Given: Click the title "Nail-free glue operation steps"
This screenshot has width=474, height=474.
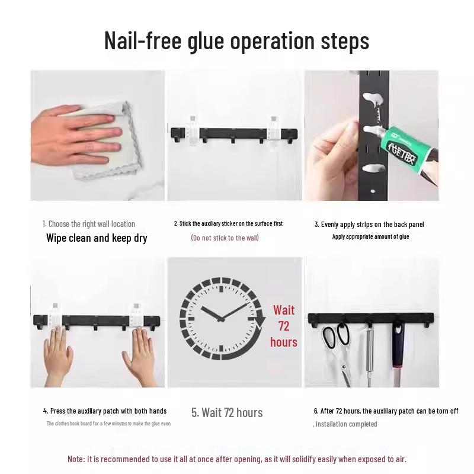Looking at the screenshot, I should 237,40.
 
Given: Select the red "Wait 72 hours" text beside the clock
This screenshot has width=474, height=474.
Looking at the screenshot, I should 284,326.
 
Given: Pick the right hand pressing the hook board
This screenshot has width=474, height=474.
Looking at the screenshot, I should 142,353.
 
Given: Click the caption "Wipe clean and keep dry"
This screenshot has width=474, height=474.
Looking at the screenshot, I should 97,238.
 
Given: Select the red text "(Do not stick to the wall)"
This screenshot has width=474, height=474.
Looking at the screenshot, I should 225,238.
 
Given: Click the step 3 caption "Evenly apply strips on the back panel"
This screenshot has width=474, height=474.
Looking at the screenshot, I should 369,225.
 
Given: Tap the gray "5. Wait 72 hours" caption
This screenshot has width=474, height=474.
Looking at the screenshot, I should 227,412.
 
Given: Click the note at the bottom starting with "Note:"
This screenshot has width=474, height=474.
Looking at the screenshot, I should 237,459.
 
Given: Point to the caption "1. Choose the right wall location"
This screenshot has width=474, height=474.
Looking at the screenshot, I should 89,224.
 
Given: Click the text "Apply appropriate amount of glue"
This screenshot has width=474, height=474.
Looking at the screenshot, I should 370,236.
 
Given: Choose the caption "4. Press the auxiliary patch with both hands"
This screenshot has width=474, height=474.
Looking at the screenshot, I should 105,411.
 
